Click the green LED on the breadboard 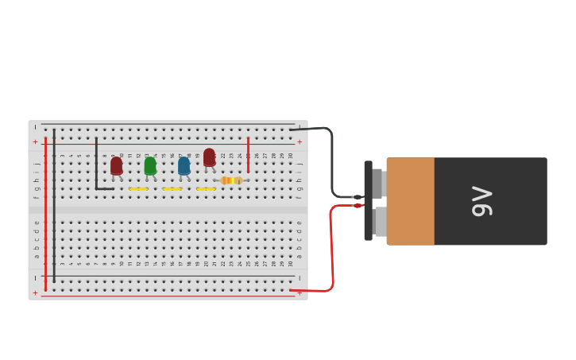[150, 166]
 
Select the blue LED [184, 166]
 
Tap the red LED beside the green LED [117, 165]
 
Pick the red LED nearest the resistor [209, 157]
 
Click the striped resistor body [230, 180]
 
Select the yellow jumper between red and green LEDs [138, 189]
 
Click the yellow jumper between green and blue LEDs [172, 189]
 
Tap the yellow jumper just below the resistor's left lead [206, 189]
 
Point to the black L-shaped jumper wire [97, 167]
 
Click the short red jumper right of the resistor [248, 154]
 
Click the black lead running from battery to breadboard [331, 159]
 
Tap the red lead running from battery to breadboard [331, 246]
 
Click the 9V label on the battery [482, 201]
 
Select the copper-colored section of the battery [410, 201]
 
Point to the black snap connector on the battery [368, 200]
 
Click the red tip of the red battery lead [358, 206]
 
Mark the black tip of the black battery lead [358, 196]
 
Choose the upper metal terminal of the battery [379, 184]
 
